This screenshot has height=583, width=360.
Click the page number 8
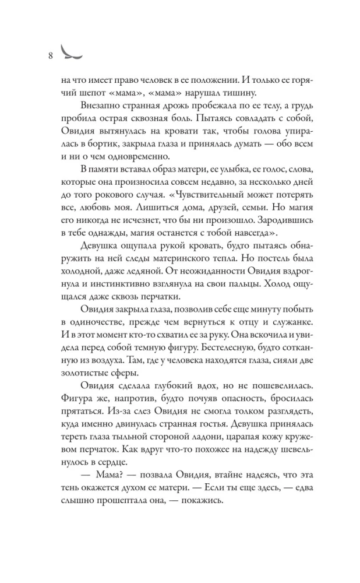pyautogui.click(x=51, y=56)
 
